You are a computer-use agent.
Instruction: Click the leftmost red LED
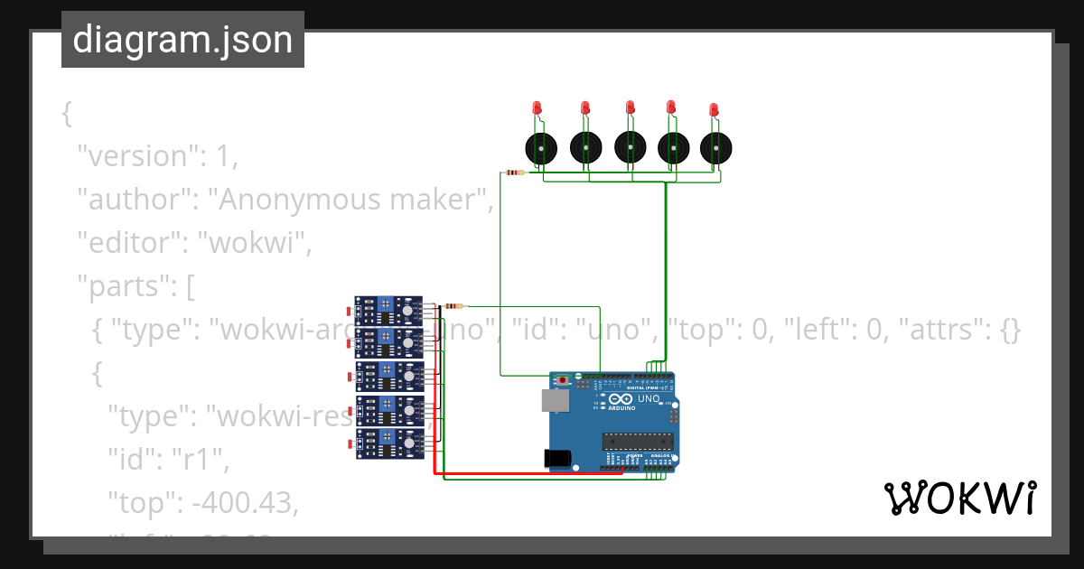click(x=537, y=107)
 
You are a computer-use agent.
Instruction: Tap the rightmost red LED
click(x=714, y=109)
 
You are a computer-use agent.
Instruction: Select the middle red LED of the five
click(x=631, y=107)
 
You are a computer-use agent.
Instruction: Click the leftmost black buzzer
click(x=540, y=146)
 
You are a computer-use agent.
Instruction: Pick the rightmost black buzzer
click(x=715, y=146)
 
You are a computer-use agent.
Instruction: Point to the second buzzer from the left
click(x=585, y=146)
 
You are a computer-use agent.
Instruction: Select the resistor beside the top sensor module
click(x=451, y=306)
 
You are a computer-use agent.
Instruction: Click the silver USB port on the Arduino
click(x=554, y=401)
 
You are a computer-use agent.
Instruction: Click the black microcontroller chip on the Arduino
click(x=638, y=440)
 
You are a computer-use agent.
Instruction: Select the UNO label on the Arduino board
click(x=649, y=398)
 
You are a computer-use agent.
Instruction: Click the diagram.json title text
click(x=182, y=41)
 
